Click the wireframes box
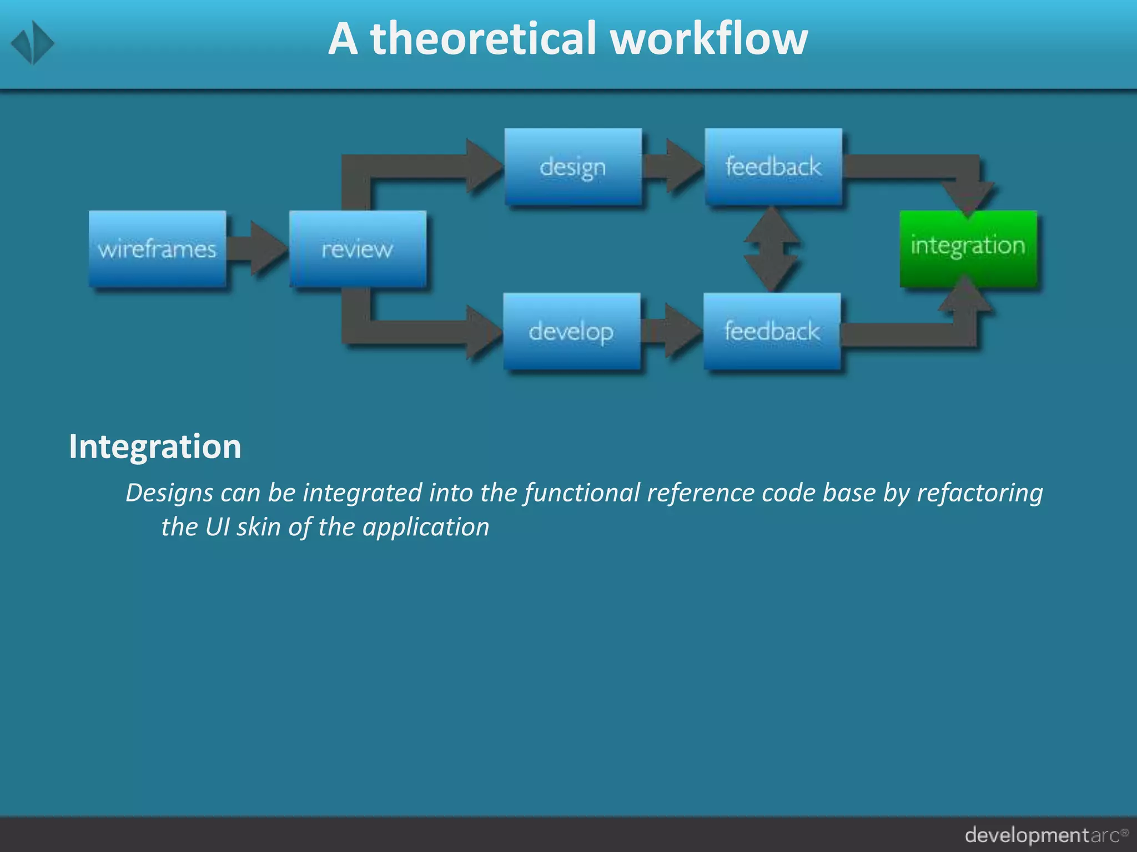(157, 248)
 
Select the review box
(358, 248)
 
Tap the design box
(573, 166)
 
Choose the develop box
(572, 331)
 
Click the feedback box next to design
(773, 166)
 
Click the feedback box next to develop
(772, 331)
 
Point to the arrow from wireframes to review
(258, 248)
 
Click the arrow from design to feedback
(673, 166)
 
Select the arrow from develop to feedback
(672, 331)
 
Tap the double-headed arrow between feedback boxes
(772, 248)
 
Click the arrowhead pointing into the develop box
(483, 332)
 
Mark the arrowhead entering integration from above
(968, 197)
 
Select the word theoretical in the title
(482, 39)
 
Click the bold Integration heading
(155, 447)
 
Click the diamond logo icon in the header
(33, 43)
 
